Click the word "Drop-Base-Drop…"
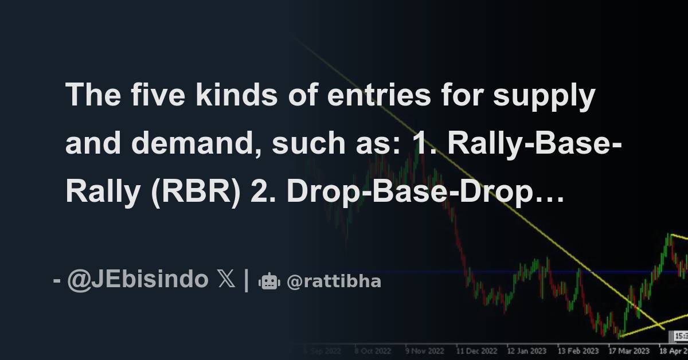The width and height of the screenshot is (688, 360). point(425,193)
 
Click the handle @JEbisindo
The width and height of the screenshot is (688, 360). point(138,280)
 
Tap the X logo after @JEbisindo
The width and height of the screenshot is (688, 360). point(226,280)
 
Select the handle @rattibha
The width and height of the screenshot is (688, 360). point(334,281)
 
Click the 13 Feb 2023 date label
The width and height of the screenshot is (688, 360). point(578,350)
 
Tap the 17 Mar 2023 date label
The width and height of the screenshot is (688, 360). point(629,350)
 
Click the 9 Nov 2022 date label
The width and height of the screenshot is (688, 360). point(425,350)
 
